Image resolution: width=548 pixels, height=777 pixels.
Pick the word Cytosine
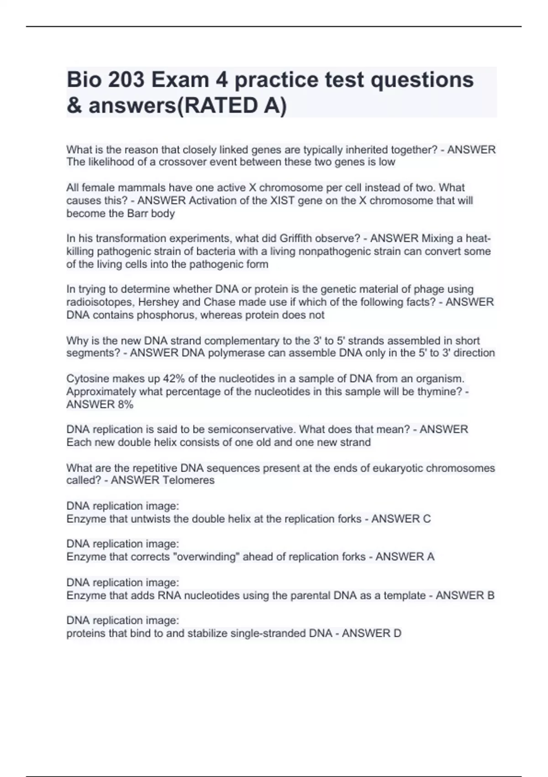(x=88, y=379)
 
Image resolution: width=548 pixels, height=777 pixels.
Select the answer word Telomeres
(x=188, y=480)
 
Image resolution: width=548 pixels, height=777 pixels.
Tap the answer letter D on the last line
(x=397, y=633)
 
